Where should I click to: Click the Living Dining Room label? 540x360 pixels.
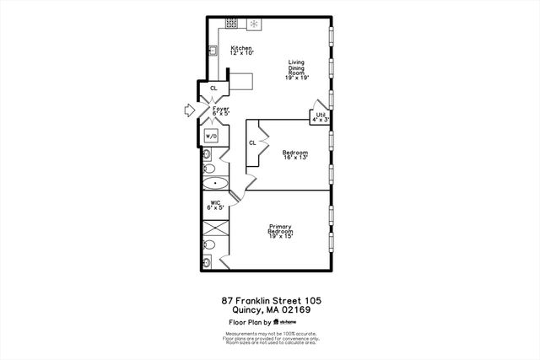point(296,69)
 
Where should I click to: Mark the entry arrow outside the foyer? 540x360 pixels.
point(188,109)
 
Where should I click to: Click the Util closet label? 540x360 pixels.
point(321,117)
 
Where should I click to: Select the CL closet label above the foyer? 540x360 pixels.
point(213,88)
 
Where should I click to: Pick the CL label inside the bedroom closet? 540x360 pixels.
point(252,142)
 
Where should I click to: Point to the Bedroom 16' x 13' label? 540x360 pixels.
point(295,154)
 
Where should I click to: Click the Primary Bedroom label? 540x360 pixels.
point(281,231)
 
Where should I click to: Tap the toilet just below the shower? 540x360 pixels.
point(210,245)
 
